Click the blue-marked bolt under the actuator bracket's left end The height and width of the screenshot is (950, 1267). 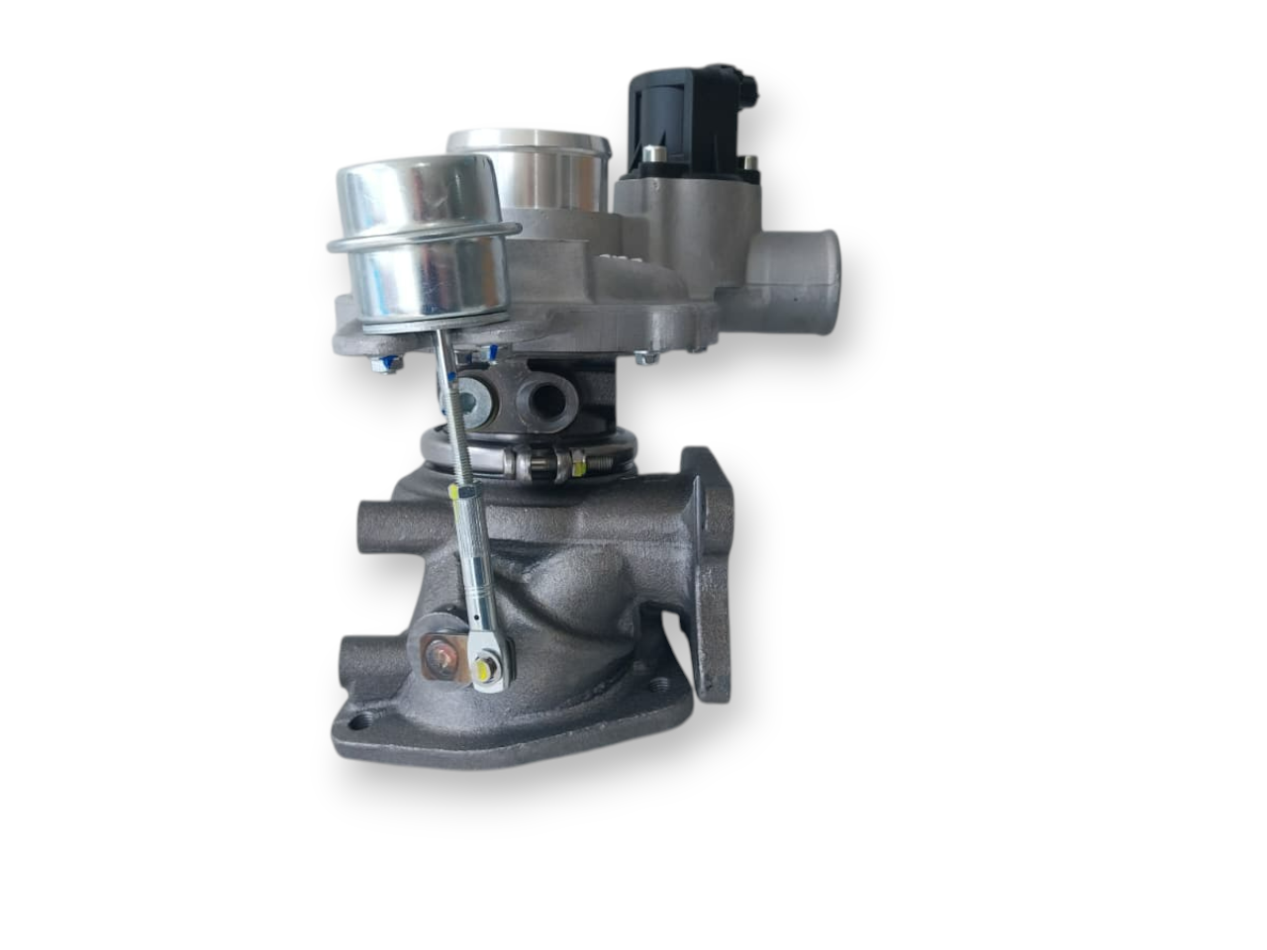pos(385,365)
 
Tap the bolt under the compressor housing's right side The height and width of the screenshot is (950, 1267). pos(644,357)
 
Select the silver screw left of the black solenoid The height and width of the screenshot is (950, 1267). pos(650,155)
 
